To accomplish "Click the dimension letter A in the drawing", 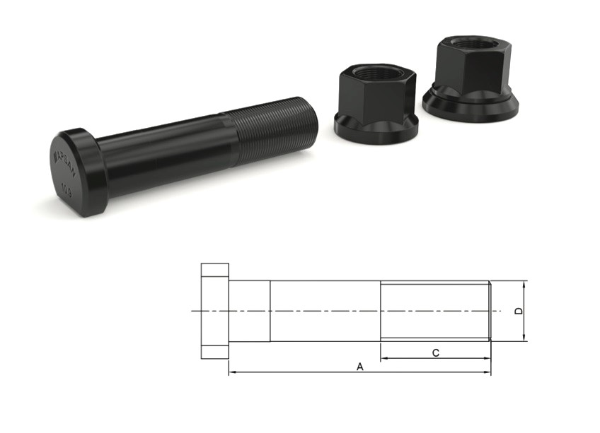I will (x=359, y=367).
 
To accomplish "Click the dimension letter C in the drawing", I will (x=436, y=352).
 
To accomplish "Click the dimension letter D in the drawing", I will (x=518, y=311).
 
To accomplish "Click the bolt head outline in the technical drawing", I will (x=214, y=311).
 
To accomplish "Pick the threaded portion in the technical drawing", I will (x=435, y=311).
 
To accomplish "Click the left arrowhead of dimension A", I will (x=231, y=372).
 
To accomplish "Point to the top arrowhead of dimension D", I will (x=524, y=284).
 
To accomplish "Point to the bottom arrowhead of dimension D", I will (x=524, y=338).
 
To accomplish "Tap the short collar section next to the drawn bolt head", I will (x=249, y=311).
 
